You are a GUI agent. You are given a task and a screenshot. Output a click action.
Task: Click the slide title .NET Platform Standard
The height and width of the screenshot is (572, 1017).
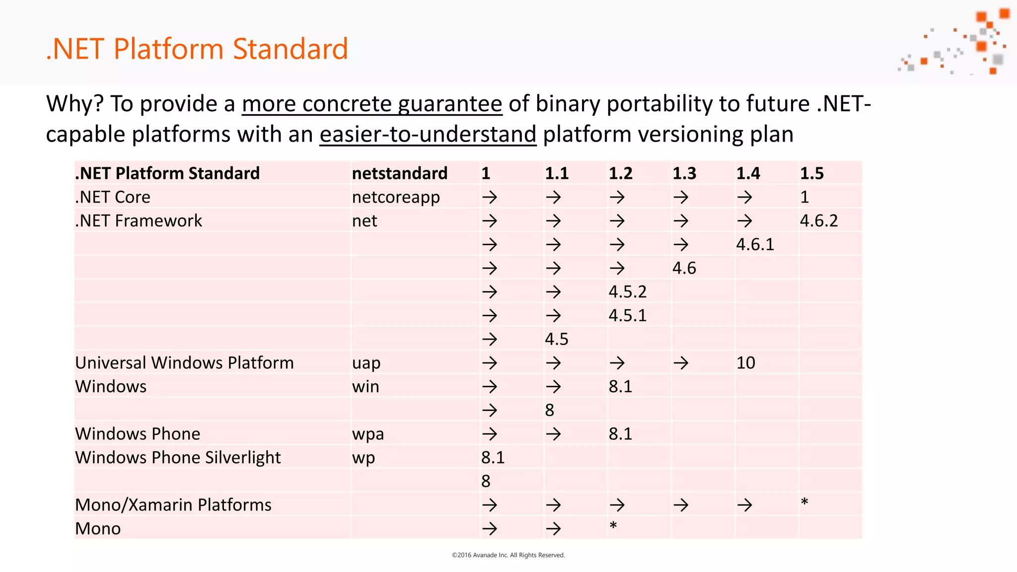(x=197, y=49)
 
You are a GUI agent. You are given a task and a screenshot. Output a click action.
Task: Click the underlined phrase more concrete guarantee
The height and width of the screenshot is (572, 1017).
(x=372, y=104)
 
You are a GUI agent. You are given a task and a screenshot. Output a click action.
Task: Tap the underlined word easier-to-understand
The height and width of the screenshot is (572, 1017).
(x=428, y=135)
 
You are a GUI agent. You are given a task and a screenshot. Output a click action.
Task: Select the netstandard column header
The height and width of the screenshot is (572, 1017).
(x=399, y=173)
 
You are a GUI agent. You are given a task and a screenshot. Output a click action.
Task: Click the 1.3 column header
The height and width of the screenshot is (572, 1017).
(x=684, y=173)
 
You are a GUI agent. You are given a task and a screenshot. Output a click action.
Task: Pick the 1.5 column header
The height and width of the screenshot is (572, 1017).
(x=811, y=173)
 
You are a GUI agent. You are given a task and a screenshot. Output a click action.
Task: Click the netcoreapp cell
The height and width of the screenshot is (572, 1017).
(x=395, y=197)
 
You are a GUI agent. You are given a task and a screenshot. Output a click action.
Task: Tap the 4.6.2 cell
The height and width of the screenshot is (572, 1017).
(x=818, y=221)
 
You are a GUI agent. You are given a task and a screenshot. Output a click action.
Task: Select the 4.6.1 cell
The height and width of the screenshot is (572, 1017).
(x=755, y=245)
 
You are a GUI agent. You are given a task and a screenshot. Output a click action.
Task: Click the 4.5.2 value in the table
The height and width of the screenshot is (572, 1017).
(x=628, y=292)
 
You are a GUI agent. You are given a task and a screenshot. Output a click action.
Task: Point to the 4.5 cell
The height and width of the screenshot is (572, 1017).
(x=556, y=340)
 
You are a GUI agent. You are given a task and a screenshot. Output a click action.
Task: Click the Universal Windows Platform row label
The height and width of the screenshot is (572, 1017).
(x=184, y=363)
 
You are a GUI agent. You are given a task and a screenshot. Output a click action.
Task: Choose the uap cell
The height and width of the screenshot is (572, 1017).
(x=366, y=363)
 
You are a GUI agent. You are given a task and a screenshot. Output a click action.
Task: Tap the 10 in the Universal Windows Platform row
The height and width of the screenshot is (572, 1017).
(x=745, y=363)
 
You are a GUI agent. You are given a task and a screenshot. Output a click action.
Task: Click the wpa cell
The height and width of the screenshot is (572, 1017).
(x=367, y=434)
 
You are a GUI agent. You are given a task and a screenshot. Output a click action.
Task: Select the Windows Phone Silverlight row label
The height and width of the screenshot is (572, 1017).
(x=178, y=458)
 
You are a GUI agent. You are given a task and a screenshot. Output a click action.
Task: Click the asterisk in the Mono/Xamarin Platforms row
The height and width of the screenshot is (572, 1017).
(x=804, y=502)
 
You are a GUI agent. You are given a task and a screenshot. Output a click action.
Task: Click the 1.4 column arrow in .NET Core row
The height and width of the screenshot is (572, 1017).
(x=744, y=198)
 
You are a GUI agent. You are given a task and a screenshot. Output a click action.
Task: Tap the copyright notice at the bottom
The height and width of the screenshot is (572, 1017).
(x=508, y=555)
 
